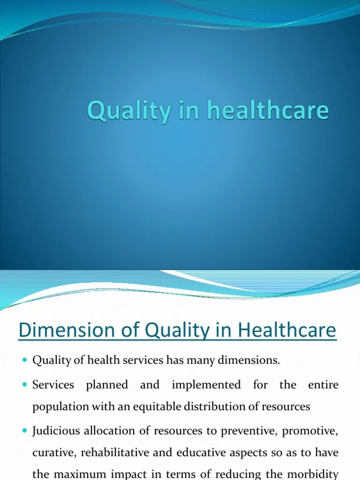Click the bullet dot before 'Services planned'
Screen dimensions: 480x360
[25, 385]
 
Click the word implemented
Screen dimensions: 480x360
[206, 385]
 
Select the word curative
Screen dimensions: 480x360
[49, 453]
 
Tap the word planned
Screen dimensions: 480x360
[107, 385]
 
